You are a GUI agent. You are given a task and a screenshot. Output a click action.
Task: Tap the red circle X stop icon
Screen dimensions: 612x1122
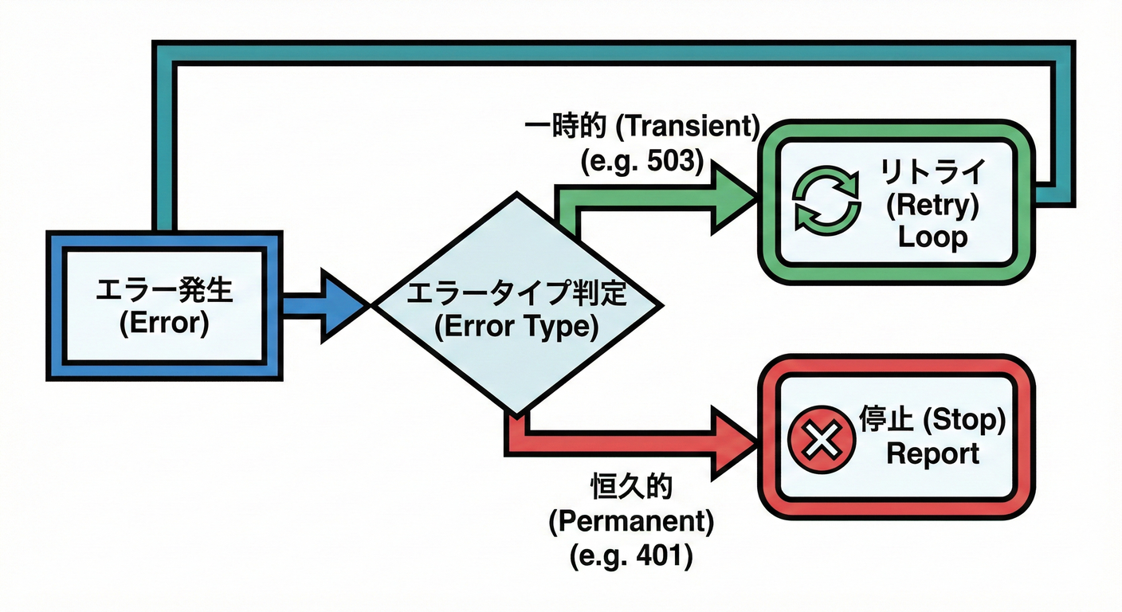tap(821, 438)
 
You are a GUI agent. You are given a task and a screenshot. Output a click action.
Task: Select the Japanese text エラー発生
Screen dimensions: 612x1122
tap(163, 292)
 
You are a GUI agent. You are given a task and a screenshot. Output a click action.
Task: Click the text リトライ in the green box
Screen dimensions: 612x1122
tap(932, 171)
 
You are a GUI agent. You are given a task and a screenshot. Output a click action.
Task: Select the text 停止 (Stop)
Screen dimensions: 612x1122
tap(932, 420)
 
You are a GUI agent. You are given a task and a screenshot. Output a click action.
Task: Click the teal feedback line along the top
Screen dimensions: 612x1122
tap(606, 53)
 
